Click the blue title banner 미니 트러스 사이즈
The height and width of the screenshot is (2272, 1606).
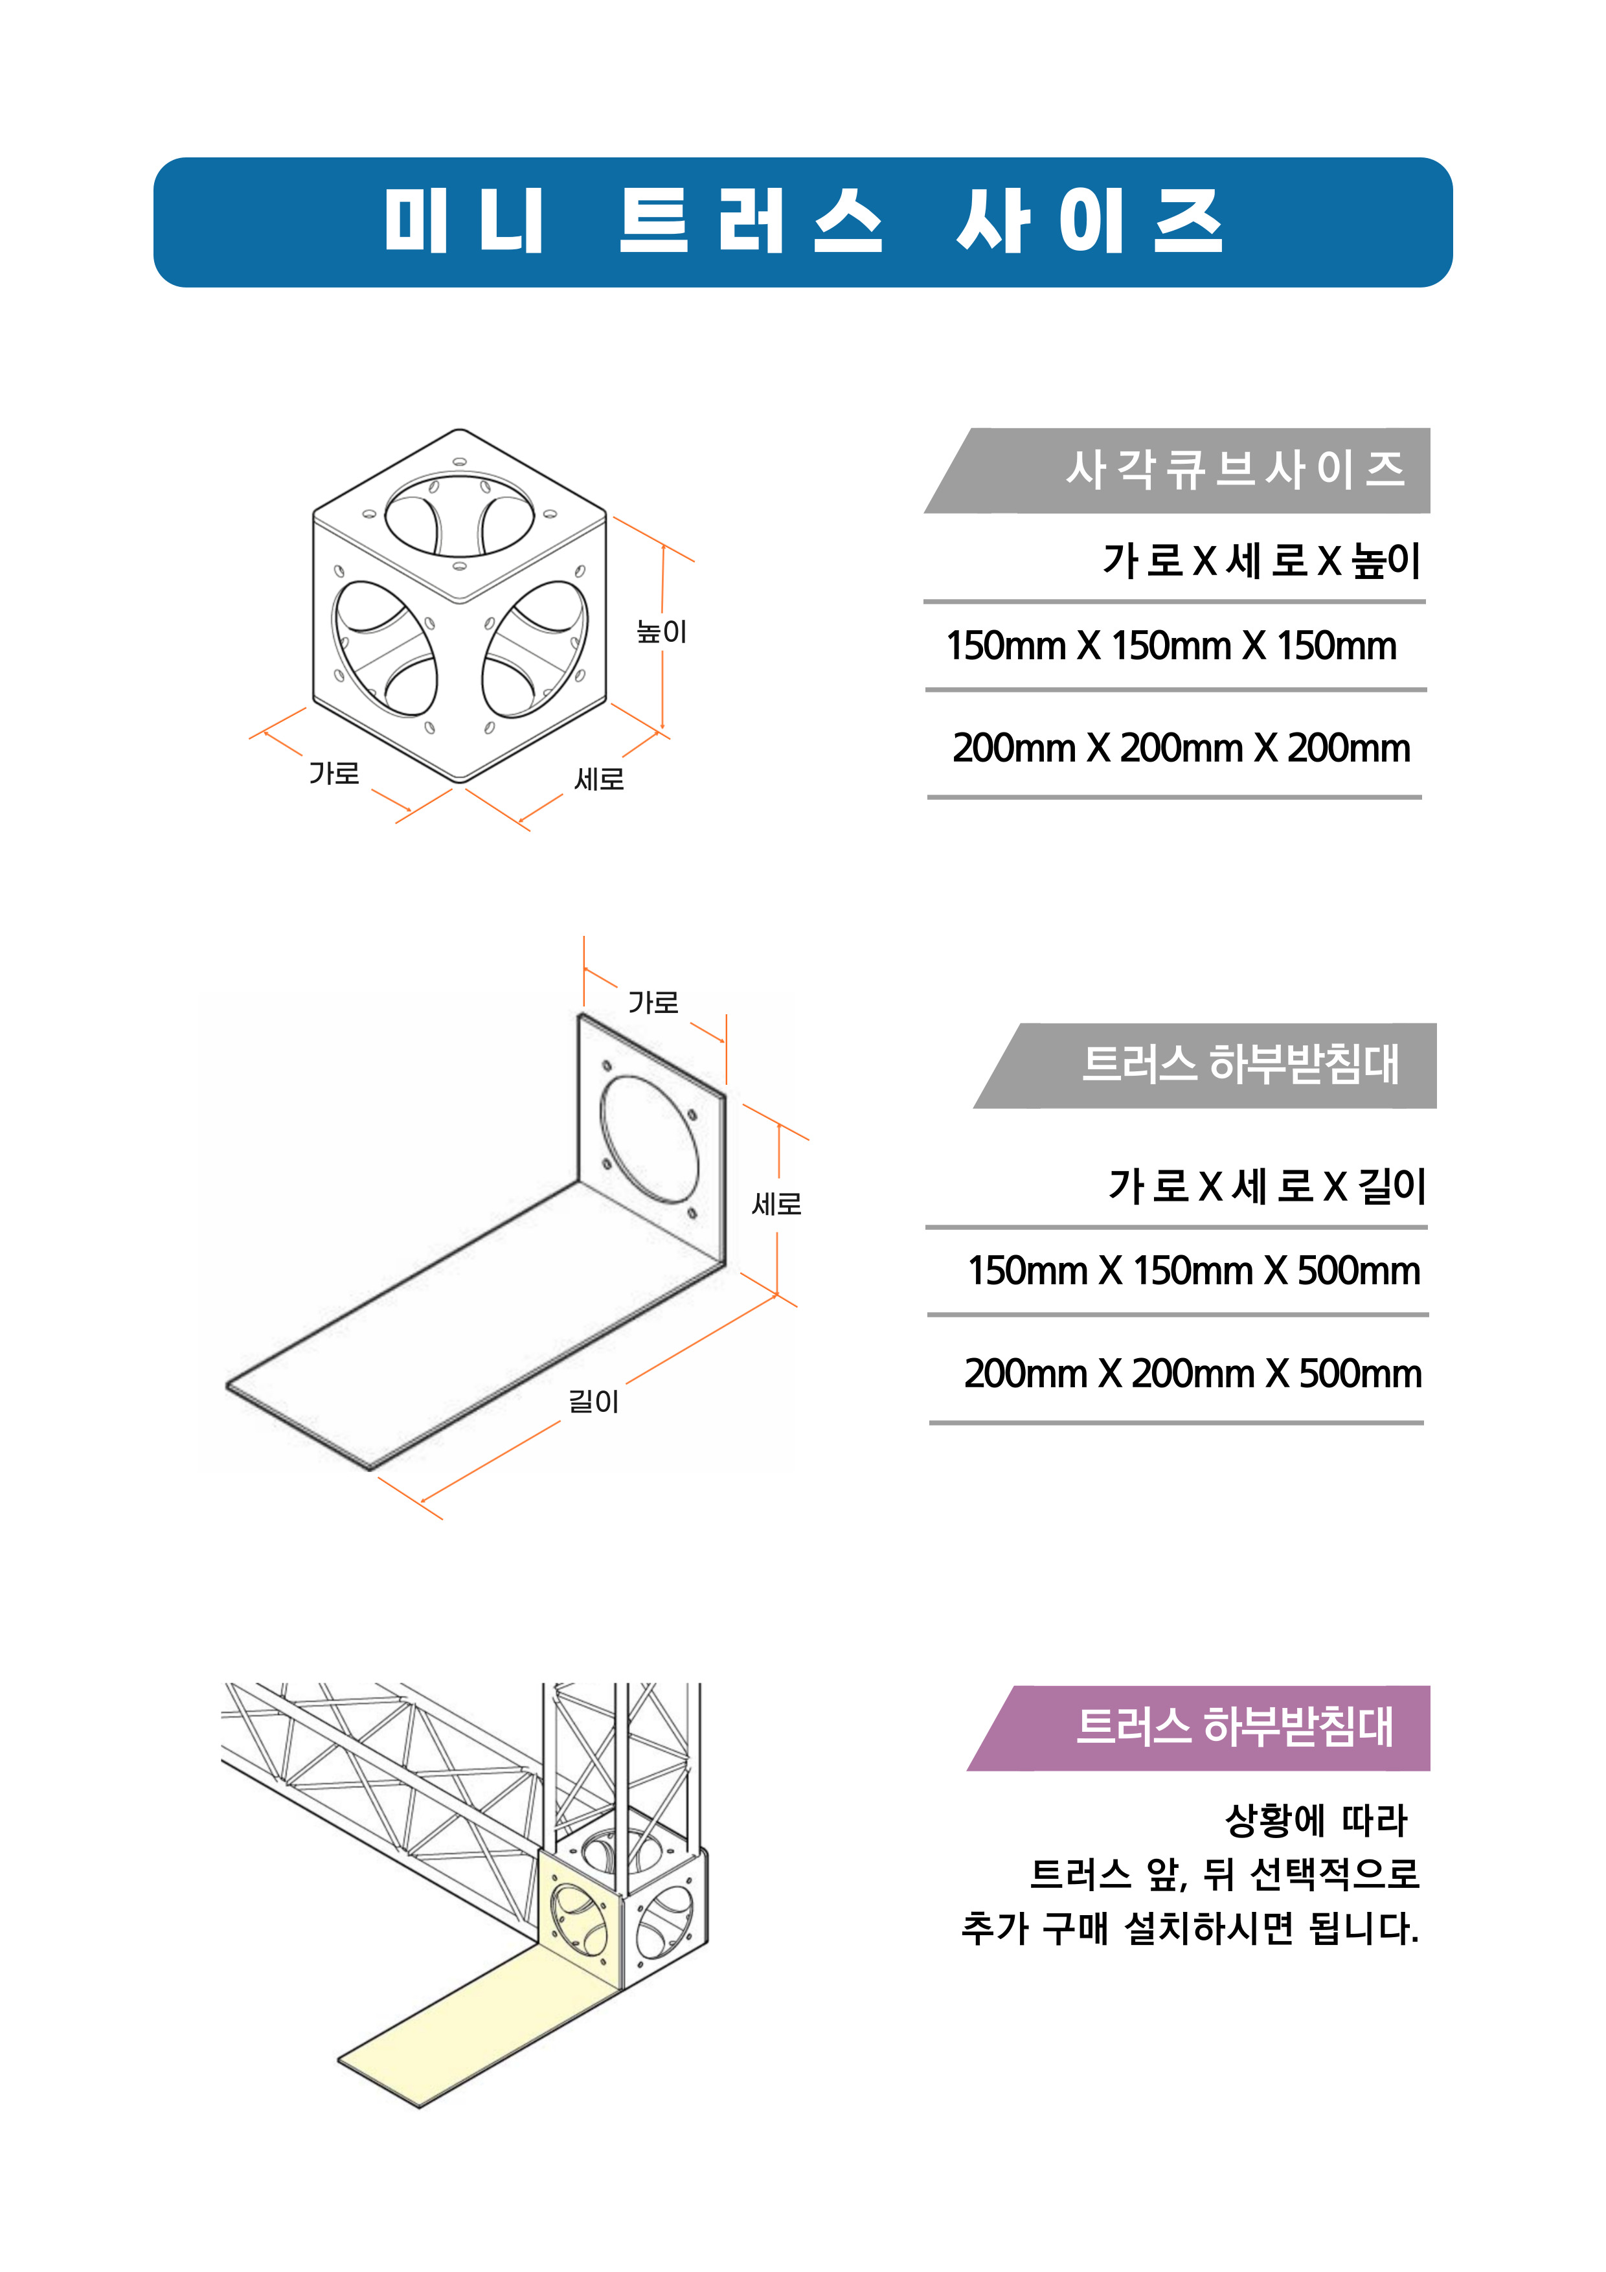click(802, 222)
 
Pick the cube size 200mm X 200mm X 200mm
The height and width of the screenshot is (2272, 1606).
click(1181, 748)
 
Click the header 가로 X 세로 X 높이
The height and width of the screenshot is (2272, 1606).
click(1261, 561)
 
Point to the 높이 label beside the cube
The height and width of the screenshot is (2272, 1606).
click(661, 631)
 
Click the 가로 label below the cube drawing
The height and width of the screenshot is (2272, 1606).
click(334, 773)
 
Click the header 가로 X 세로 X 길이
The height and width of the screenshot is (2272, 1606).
click(1267, 1185)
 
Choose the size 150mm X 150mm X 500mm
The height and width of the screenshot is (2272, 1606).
click(1193, 1271)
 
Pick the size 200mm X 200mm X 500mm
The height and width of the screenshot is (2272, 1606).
click(1192, 1374)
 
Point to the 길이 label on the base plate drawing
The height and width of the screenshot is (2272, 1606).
click(593, 1401)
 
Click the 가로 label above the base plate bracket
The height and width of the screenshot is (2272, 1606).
click(653, 1003)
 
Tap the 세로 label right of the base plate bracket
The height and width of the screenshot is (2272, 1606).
click(777, 1203)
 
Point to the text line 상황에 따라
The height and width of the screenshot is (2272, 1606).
click(1316, 1819)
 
